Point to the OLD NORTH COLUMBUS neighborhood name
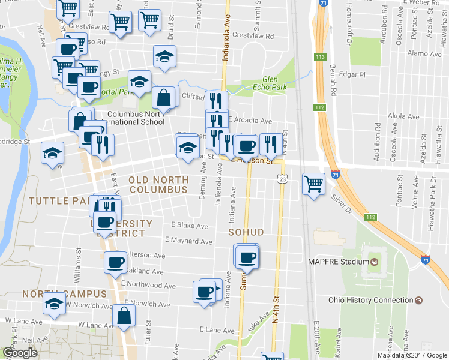pyautogui.click(x=158, y=185)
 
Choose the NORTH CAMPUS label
pyautogui.click(x=64, y=294)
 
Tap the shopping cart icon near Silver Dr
pyautogui.click(x=313, y=182)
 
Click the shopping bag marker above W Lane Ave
pyautogui.click(x=123, y=316)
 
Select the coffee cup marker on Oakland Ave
pyautogui.click(x=115, y=262)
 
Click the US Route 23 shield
pyautogui.click(x=282, y=179)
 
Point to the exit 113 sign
pyautogui.click(x=319, y=56)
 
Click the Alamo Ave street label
pyautogui.click(x=424, y=53)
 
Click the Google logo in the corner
pyautogui.click(x=20, y=353)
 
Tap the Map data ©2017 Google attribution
pyautogui.click(x=412, y=355)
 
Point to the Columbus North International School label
pyautogui.click(x=136, y=117)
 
